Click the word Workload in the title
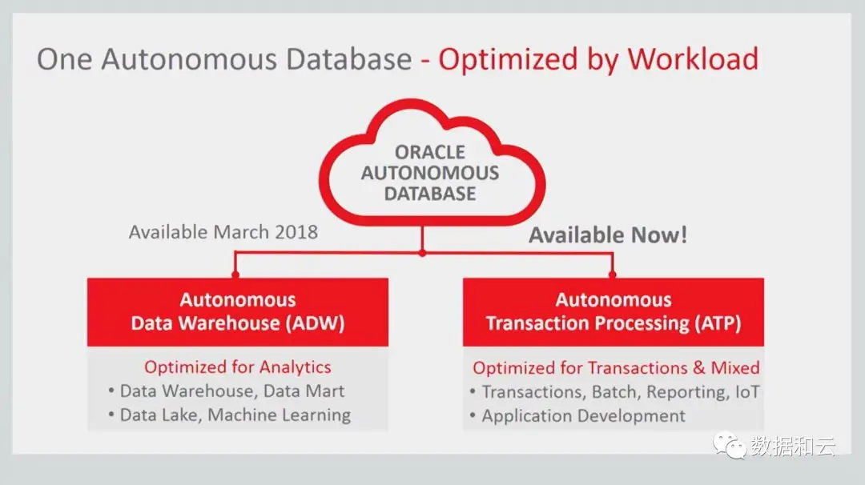pyautogui.click(x=693, y=59)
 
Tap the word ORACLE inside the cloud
pyautogui.click(x=430, y=152)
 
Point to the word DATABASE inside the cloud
pyautogui.click(x=430, y=194)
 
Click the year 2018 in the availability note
pyautogui.click(x=296, y=232)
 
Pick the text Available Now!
pyautogui.click(x=608, y=235)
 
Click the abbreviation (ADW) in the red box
pyautogui.click(x=315, y=323)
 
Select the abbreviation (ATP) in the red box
pyautogui.click(x=717, y=323)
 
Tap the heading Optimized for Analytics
pyautogui.click(x=238, y=367)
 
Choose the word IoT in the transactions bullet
pyautogui.click(x=747, y=392)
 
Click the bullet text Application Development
pyautogui.click(x=584, y=416)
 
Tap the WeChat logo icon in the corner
pyautogui.click(x=730, y=445)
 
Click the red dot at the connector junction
pyautogui.click(x=422, y=254)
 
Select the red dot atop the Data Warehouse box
pyautogui.click(x=235, y=274)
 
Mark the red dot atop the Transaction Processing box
pyautogui.click(x=613, y=274)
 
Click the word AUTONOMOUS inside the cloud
pyautogui.click(x=430, y=173)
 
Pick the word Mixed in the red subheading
pyautogui.click(x=734, y=367)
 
